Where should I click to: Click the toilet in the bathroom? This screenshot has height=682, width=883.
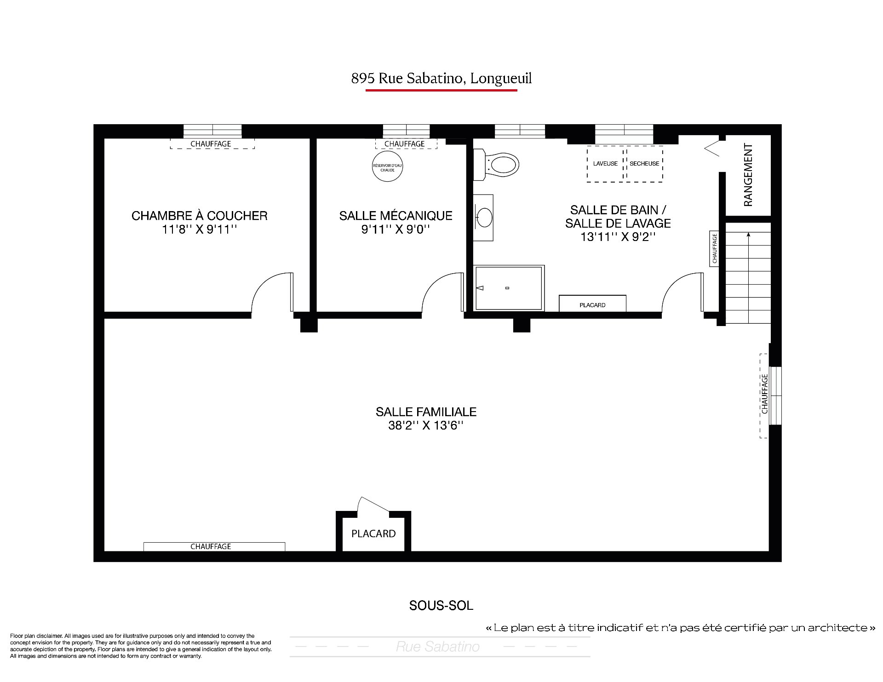tap(497, 164)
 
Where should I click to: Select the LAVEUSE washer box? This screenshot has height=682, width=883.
tap(605, 164)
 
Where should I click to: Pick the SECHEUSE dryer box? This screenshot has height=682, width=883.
tap(644, 164)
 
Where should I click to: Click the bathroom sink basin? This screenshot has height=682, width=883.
tap(483, 218)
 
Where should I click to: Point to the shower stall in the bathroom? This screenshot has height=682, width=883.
tap(509, 288)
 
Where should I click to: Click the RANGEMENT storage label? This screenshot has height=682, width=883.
tap(748, 175)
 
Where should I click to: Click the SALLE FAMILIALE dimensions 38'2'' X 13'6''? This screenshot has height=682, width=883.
tap(426, 425)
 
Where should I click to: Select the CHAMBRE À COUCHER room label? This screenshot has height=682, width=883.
tap(200, 216)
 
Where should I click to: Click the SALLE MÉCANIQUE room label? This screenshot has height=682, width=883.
tap(396, 216)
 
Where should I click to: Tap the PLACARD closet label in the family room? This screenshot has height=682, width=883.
tap(373, 533)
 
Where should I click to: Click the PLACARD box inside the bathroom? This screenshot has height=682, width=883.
tap(592, 304)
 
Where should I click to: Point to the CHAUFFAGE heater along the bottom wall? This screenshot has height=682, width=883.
tap(214, 547)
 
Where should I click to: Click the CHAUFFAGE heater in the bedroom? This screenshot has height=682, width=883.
tap(212, 143)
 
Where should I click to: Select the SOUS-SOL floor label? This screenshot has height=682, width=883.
tap(441, 606)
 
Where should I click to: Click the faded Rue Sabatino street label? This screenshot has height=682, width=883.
tap(438, 647)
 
